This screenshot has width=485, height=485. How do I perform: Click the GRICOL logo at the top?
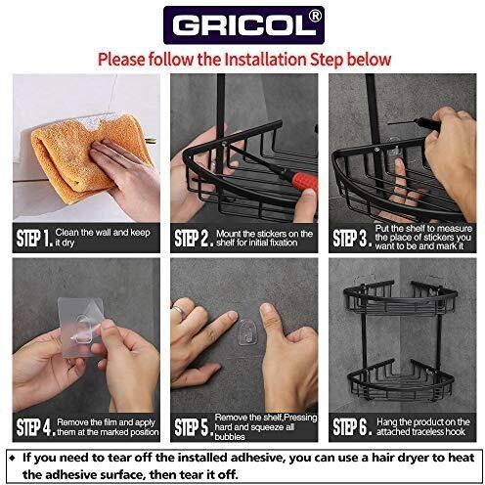(243, 25)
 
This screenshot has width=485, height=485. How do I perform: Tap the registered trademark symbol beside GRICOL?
(314, 16)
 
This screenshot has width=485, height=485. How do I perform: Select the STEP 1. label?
(34, 238)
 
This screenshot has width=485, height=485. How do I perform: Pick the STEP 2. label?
(194, 238)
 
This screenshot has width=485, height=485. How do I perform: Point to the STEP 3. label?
(352, 238)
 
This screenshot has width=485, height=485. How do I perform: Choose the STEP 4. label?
(35, 426)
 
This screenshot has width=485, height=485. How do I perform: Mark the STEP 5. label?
(194, 426)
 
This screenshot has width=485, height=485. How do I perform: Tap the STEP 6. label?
(352, 426)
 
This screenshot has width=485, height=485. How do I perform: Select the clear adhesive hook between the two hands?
(247, 331)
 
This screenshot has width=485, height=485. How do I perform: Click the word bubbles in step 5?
(230, 437)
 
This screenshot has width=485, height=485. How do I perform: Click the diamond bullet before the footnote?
(13, 459)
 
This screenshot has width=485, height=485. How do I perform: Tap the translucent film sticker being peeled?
(81, 326)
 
